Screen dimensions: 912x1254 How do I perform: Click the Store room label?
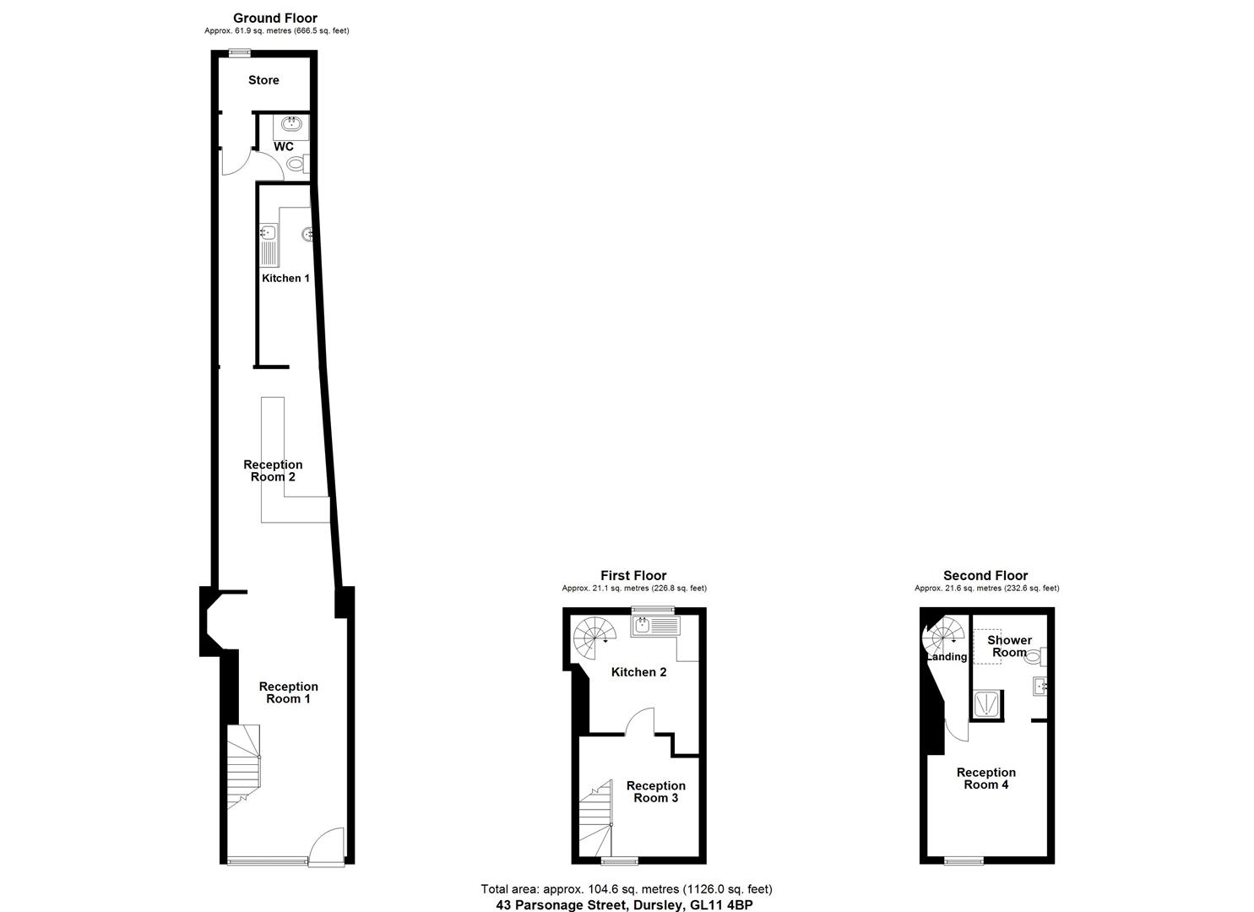point(263,80)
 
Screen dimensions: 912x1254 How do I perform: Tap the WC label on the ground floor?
point(284,147)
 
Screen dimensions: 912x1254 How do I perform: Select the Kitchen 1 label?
point(285,278)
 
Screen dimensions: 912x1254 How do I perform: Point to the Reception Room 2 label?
point(273,470)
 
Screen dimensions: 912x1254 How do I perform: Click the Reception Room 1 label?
point(288,692)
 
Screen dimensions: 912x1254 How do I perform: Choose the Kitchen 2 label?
point(638,672)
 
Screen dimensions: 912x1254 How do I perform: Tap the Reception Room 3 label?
point(655,791)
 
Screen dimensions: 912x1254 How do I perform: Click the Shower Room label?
point(1009,646)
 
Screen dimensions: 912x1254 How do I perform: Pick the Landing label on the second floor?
point(947,657)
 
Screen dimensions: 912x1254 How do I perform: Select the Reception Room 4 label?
point(985,778)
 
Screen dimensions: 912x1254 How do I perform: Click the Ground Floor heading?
point(275,18)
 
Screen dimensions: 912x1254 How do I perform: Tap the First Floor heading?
point(633,576)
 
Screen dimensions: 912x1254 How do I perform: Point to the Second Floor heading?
point(985,576)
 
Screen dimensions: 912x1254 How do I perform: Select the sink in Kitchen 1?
point(269,232)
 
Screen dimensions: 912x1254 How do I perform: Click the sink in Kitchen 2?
point(643,626)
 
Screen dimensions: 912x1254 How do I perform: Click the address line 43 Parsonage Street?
point(623,904)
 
